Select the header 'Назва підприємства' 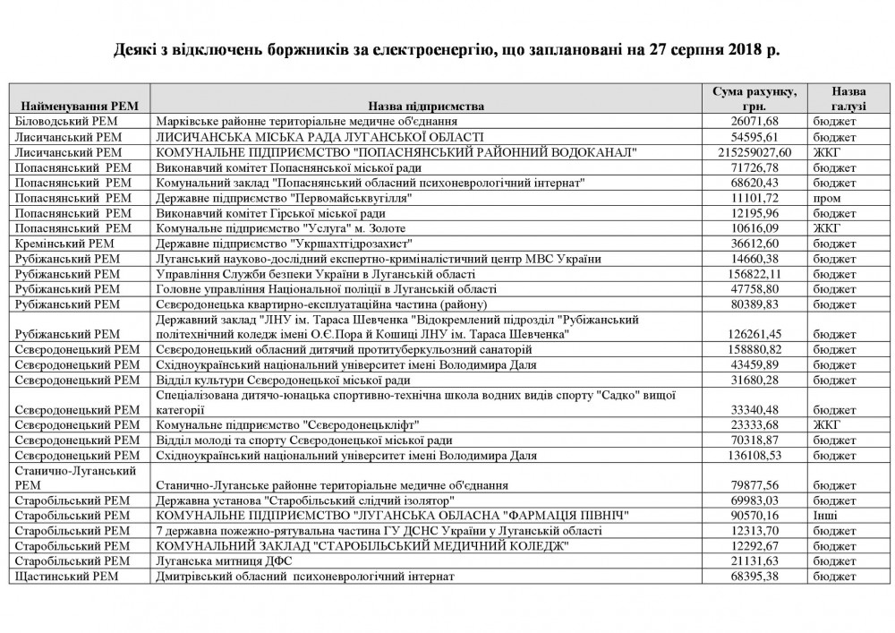425,106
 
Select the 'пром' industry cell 827,197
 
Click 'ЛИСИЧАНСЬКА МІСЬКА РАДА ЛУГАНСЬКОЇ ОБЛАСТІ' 320,137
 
